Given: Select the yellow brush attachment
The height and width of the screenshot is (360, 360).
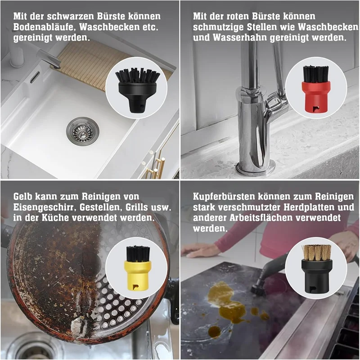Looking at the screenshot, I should tap(137, 266).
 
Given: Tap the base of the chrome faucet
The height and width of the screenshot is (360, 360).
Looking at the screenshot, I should tap(256, 167).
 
